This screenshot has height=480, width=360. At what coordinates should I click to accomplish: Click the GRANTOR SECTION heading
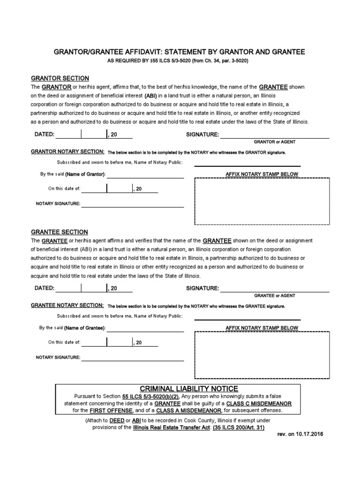pyautogui.click(x=60, y=78)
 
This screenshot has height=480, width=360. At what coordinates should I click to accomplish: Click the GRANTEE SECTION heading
pyautogui.click(x=59, y=232)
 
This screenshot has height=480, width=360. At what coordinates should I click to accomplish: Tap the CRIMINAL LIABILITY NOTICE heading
pyautogui.click(x=188, y=389)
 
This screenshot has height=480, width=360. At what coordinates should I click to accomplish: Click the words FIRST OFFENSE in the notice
pyautogui.click(x=105, y=411)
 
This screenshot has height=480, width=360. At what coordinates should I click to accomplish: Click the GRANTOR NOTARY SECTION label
pyautogui.click(x=68, y=152)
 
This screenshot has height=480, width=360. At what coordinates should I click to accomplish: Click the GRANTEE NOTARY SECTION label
pyautogui.click(x=68, y=305)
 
